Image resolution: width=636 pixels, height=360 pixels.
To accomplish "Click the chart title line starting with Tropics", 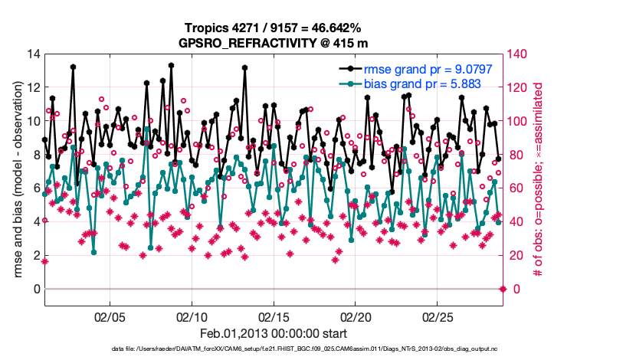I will click(274, 28).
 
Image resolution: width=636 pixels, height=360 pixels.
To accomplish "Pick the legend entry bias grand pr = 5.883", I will click(411, 83).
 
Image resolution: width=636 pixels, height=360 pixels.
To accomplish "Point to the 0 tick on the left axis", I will click(35, 289).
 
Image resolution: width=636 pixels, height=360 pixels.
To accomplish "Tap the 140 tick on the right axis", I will click(520, 54).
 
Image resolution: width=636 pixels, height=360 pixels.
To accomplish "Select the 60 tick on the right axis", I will click(517, 188).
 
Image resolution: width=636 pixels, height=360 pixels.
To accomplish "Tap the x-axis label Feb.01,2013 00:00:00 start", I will click(274, 334).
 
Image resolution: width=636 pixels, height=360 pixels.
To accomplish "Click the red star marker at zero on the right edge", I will click(503, 289).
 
